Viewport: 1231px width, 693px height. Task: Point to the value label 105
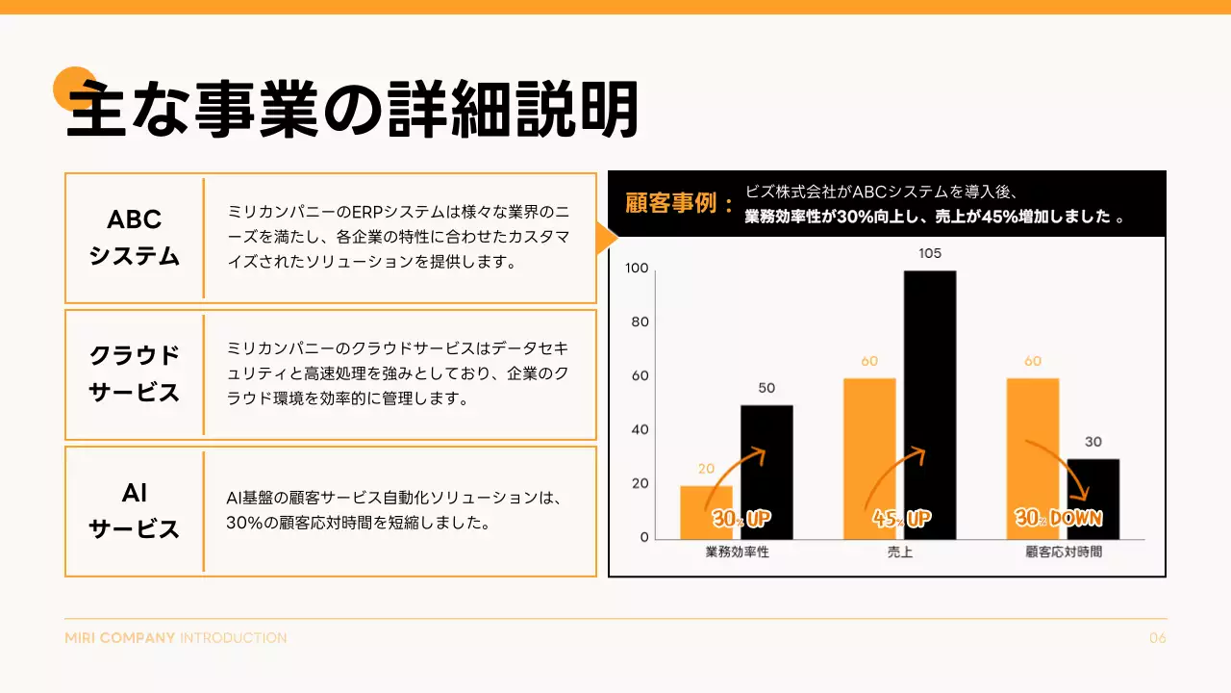click(x=930, y=254)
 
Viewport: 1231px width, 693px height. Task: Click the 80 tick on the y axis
click(x=641, y=321)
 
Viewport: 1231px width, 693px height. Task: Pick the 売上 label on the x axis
click(x=900, y=552)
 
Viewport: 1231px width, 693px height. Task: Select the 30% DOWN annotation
click(x=1059, y=518)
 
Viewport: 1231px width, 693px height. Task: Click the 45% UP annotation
click(x=902, y=519)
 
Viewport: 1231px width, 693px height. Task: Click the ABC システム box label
click(x=135, y=238)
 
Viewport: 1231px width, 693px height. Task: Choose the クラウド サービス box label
click(x=135, y=374)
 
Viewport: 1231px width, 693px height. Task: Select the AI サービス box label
click(x=135, y=511)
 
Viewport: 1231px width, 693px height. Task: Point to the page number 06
click(x=1158, y=638)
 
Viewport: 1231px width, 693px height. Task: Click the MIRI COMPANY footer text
click(x=120, y=638)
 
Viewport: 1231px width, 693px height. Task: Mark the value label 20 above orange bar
click(x=706, y=470)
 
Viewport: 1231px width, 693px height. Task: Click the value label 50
click(x=766, y=389)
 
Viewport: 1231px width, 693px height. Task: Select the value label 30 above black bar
click(x=1093, y=443)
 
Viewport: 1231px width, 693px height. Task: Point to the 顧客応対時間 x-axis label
click(x=1064, y=552)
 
